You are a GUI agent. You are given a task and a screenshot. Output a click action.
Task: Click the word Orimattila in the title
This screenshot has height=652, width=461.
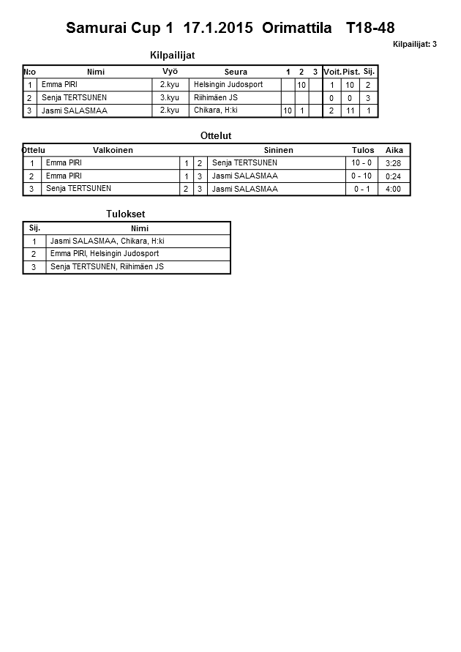298,29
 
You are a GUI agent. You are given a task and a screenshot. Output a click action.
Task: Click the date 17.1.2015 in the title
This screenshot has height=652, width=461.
218,29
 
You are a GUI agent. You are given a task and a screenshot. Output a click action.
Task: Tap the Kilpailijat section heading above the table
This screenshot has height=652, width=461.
172,56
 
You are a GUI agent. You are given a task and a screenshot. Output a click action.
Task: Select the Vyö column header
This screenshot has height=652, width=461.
170,72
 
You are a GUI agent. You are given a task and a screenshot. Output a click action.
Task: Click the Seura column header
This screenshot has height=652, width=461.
236,72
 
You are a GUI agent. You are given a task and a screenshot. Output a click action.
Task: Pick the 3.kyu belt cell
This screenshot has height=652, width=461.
169,97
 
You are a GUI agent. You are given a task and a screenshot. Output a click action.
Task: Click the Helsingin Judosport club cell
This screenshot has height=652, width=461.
228,85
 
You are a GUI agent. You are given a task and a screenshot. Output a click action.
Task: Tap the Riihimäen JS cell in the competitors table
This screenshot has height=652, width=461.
215,97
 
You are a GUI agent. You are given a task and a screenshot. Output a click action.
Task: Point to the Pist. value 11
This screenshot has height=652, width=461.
350,110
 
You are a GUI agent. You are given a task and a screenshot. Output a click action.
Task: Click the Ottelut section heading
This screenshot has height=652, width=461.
216,136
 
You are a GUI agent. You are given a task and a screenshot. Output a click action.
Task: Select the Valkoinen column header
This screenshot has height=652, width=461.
113,150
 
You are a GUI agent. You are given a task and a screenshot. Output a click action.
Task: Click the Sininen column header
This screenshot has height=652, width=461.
278,150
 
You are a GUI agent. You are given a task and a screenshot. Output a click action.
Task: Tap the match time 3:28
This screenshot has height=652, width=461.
393,163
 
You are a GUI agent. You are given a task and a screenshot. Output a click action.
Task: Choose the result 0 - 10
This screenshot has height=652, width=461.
361,176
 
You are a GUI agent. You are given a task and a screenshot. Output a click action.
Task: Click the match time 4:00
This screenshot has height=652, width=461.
393,190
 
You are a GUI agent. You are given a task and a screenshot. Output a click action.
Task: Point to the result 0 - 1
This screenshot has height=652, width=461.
361,190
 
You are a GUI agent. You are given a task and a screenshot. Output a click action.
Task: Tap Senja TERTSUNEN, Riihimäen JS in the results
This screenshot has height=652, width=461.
107,267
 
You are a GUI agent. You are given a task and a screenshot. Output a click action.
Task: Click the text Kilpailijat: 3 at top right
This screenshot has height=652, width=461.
415,45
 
